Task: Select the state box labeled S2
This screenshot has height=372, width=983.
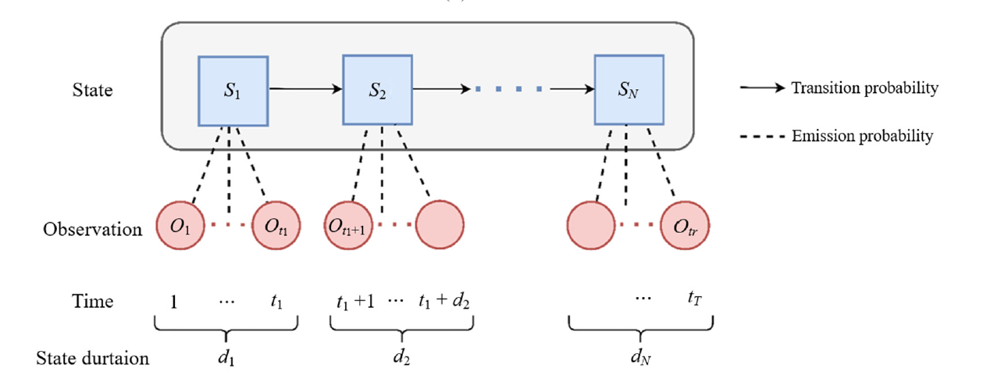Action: pos(377,90)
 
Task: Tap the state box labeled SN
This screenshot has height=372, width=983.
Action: pos(629,90)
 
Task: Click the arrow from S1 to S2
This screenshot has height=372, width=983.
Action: pos(306,89)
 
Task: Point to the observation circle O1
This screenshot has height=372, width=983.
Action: pos(180,227)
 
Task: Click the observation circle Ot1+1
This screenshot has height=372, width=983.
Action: pos(347,227)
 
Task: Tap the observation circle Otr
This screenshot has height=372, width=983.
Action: pos(686,227)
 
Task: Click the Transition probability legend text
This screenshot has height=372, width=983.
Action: pos(864,88)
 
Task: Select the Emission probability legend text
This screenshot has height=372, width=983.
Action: pos(862,137)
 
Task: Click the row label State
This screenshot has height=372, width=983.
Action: pos(93,91)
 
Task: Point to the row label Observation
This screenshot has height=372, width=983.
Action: pos(93,230)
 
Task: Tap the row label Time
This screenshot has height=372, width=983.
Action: pos(93,302)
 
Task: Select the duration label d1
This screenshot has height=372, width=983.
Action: pos(227,357)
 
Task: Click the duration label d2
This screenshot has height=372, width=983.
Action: pos(401,357)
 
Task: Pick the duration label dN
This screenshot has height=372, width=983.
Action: pos(639,357)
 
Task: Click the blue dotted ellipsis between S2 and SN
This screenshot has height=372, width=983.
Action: pos(508,90)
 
